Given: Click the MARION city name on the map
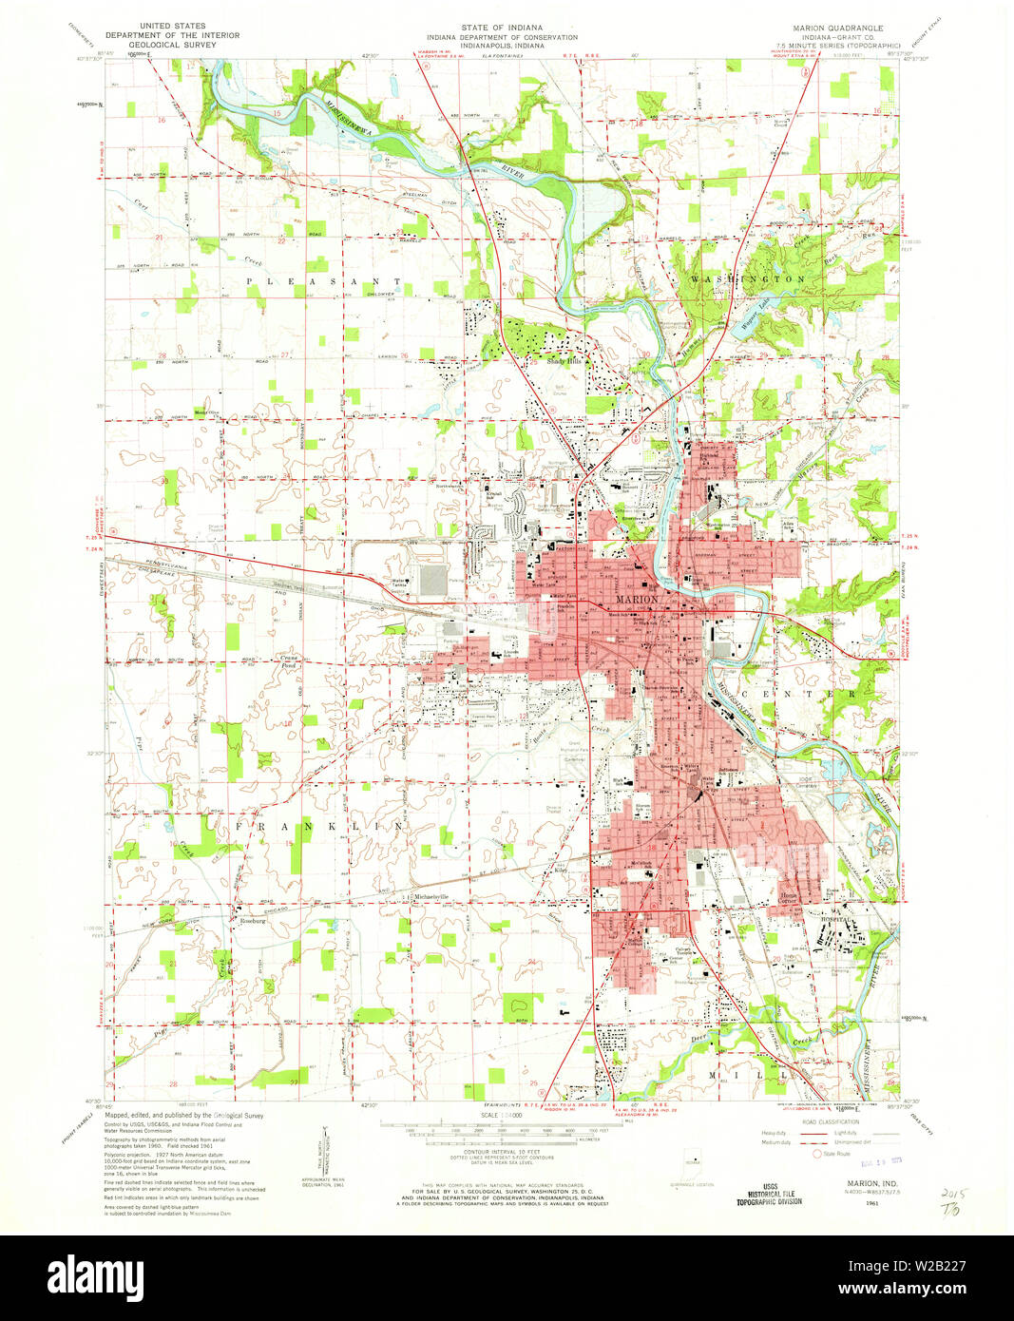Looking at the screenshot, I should click(x=637, y=600).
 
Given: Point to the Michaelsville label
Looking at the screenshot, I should click(x=425, y=897).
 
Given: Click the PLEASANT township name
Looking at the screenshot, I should click(x=325, y=281).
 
